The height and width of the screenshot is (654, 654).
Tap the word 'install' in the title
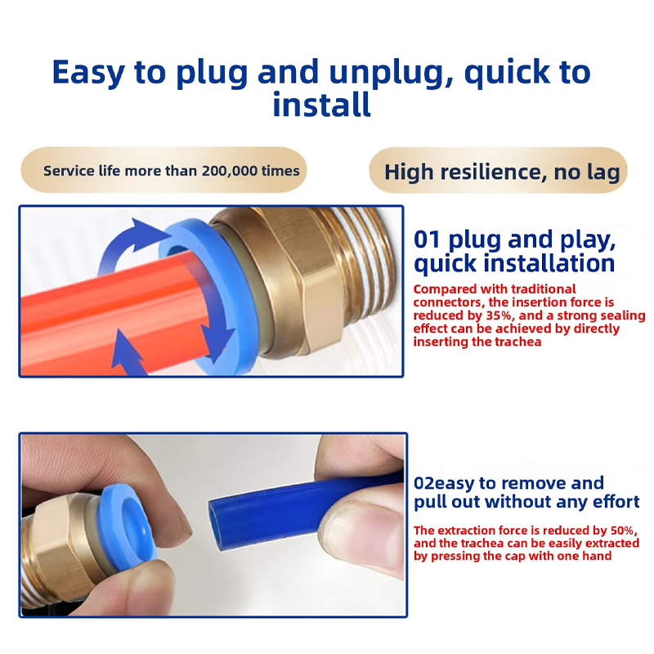point(321,105)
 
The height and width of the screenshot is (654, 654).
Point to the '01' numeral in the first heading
point(427,240)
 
